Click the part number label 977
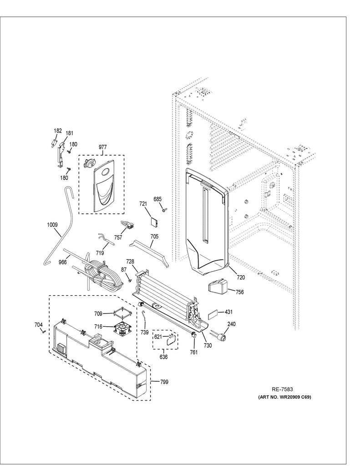coord(102,147)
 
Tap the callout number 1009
coord(53,224)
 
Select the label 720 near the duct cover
coord(240,276)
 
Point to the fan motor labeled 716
coord(122,327)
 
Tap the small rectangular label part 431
coord(214,314)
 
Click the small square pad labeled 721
coord(155,222)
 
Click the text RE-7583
coord(282,389)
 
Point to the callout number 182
coord(58,131)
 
